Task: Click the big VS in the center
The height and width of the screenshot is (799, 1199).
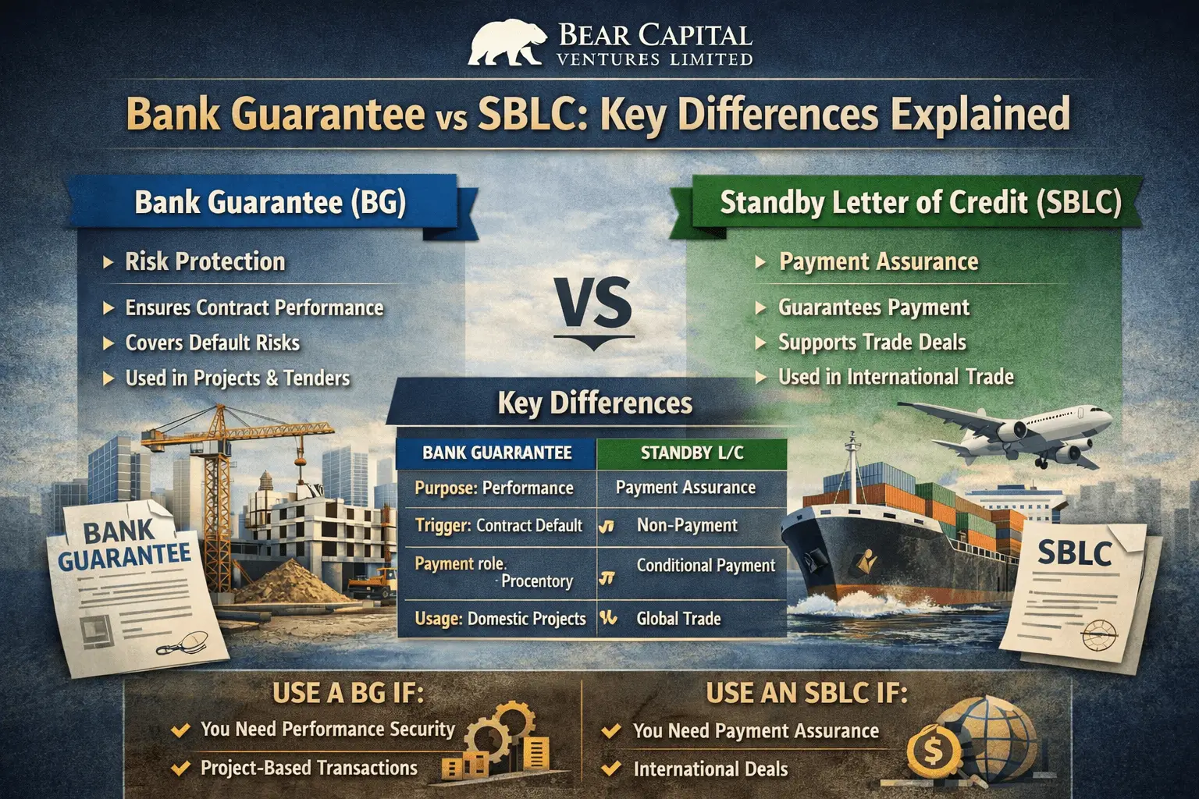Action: point(595,305)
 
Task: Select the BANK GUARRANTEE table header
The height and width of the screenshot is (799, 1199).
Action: point(496,453)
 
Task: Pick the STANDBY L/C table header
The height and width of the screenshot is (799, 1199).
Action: point(692,453)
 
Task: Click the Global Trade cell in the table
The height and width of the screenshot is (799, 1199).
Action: point(678,619)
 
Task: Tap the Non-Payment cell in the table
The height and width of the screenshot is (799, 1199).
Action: point(687,525)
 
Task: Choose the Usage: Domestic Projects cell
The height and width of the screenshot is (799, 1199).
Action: point(500,619)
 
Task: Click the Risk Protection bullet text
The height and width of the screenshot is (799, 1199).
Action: point(205,261)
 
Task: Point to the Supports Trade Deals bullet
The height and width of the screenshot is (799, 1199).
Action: point(872,343)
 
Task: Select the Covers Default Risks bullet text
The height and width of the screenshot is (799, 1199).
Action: point(212,343)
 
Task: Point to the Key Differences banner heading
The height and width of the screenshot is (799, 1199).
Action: point(595,403)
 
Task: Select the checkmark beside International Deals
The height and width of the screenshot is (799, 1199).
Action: point(611,769)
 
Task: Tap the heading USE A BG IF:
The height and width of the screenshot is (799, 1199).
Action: point(348,693)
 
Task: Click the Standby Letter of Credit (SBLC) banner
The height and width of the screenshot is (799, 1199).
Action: point(920,203)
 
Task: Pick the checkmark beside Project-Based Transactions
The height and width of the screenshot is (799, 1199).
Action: point(180,768)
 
